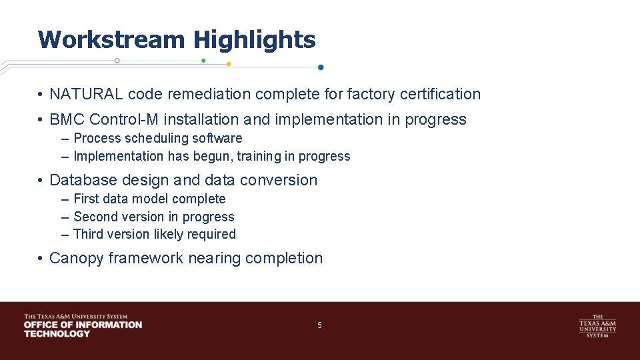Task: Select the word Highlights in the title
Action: pyautogui.click(x=254, y=39)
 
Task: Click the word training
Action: pyautogui.click(x=259, y=157)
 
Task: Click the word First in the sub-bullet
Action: pyautogui.click(x=85, y=199)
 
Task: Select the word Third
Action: pyautogui.click(x=88, y=235)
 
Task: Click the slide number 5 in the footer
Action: pyautogui.click(x=319, y=325)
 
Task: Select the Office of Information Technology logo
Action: pyautogui.click(x=83, y=325)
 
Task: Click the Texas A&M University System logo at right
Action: pyautogui.click(x=597, y=325)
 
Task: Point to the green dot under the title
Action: pyautogui.click(x=203, y=61)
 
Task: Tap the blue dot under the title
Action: pyautogui.click(x=321, y=67)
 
